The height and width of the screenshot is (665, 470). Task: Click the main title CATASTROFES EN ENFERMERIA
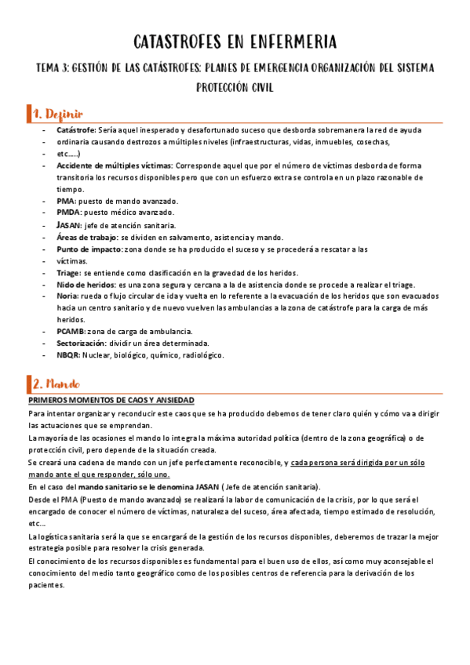pyautogui.click(x=235, y=41)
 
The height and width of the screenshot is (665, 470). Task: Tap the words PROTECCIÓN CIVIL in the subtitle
pyautogui.click(x=235, y=87)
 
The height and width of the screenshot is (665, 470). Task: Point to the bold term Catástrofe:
pyautogui.click(x=77, y=129)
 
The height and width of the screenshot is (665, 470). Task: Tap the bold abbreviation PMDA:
pyautogui.click(x=69, y=213)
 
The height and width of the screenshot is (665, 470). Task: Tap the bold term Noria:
pyautogui.click(x=68, y=296)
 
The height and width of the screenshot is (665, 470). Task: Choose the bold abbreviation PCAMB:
pyautogui.click(x=72, y=332)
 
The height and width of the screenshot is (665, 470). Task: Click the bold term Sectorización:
pyautogui.click(x=82, y=343)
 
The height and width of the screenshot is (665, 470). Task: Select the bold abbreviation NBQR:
pyautogui.click(x=69, y=355)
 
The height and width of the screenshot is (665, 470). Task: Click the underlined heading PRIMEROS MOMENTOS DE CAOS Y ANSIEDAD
pyautogui.click(x=111, y=400)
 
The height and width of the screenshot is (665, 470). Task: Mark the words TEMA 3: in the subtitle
pyautogui.click(x=53, y=67)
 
